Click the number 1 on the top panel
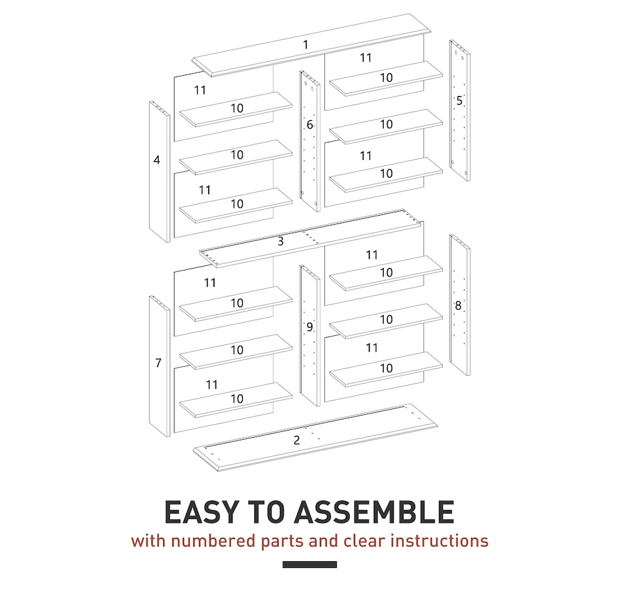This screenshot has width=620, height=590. click(x=305, y=45)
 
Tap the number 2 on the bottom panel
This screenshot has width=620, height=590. click(x=297, y=440)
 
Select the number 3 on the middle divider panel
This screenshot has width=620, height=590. click(x=281, y=241)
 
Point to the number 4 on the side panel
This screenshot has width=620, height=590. click(x=157, y=159)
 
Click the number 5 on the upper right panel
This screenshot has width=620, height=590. click(x=459, y=101)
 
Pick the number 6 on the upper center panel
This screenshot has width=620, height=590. click(x=310, y=125)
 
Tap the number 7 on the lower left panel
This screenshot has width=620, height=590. click(x=158, y=363)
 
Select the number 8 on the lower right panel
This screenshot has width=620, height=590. click(x=458, y=305)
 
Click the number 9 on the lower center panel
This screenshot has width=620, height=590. click(x=309, y=327)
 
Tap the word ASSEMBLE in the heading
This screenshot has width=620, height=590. click(x=374, y=512)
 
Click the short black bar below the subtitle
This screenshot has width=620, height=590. click(x=309, y=565)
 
